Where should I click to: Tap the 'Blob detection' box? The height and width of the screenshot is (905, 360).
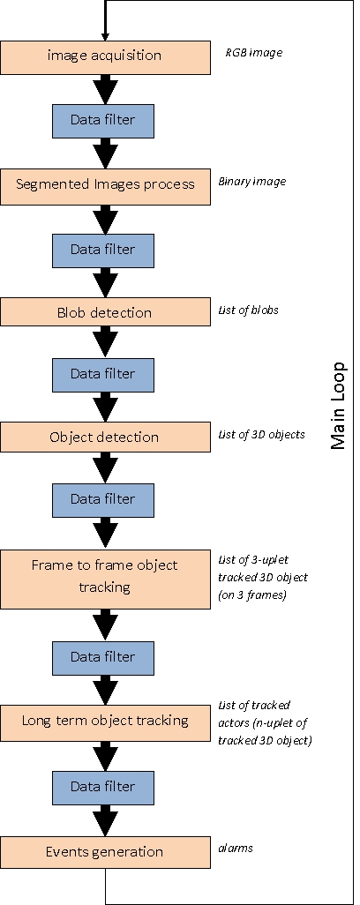click(105, 311)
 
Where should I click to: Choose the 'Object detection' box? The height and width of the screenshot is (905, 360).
click(105, 437)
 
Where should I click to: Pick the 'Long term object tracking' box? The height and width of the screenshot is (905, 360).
click(105, 721)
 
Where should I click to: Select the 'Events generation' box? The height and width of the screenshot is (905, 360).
click(105, 852)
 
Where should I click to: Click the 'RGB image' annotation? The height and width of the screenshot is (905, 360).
click(254, 53)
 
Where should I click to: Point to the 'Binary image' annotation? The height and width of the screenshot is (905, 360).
click(252, 182)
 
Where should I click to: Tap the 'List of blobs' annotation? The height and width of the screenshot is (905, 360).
click(249, 310)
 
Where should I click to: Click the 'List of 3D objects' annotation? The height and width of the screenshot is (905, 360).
click(261, 434)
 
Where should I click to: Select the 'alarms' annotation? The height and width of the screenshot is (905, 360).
click(236, 848)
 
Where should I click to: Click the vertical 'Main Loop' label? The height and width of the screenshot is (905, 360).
click(339, 405)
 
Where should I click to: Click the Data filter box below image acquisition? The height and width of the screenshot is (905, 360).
click(103, 121)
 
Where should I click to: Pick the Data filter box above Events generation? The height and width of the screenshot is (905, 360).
click(103, 788)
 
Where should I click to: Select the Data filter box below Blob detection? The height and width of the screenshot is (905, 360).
click(103, 375)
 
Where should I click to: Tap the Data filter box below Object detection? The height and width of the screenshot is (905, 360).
click(103, 500)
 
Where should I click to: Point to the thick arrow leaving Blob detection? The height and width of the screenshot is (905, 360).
click(105, 342)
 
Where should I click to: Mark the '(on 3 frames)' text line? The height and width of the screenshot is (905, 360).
click(252, 595)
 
